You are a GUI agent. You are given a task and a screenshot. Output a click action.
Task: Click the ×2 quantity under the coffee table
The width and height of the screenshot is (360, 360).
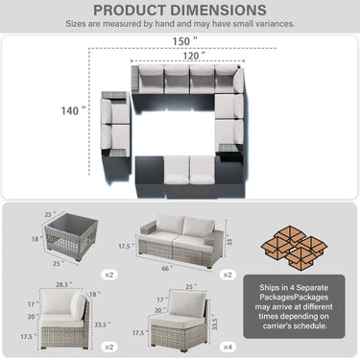pos(108,274)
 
